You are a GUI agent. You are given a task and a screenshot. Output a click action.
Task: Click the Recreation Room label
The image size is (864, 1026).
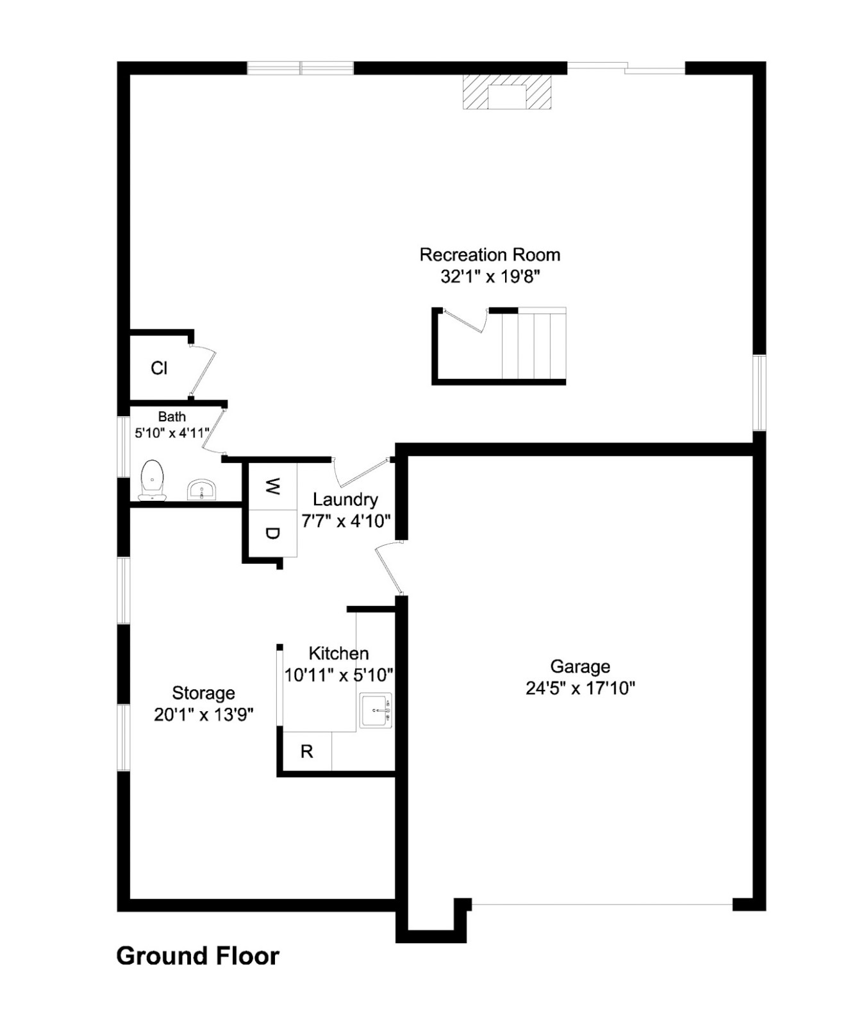coord(490,255)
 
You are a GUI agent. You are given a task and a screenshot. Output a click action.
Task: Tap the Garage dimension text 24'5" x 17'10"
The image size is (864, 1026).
coord(580,688)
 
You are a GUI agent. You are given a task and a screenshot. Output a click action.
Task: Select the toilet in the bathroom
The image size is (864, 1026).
coord(153,479)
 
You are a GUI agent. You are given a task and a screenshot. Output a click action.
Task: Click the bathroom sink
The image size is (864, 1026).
coord(203,491)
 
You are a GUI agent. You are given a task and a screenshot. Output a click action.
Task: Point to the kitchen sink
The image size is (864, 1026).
coord(376,710)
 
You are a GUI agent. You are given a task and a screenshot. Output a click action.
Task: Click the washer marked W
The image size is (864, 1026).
coord(273,487)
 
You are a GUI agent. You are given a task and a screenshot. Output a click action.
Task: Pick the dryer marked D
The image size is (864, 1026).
coord(273,534)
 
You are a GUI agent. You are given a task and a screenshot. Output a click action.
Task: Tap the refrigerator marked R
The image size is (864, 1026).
coord(307,751)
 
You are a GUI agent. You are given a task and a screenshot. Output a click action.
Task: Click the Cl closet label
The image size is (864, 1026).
coord(159,368)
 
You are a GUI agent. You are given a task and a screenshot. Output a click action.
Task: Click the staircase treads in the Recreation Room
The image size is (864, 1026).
coord(534,346)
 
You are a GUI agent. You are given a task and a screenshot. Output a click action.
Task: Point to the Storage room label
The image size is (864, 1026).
coord(203,693)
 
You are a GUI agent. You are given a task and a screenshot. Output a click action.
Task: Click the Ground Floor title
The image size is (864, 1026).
coord(197,955)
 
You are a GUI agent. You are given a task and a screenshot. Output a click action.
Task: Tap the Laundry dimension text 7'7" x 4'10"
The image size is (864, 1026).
coord(346,521)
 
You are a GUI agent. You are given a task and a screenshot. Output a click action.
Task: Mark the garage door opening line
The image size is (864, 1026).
coord(601,904)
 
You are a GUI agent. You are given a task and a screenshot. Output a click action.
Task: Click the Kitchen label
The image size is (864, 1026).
coord(338,653)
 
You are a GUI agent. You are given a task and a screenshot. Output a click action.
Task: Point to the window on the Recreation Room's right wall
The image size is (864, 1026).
coord(759,392)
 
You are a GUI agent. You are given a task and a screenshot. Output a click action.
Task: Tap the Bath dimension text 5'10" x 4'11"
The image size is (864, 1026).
coord(172,433)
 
